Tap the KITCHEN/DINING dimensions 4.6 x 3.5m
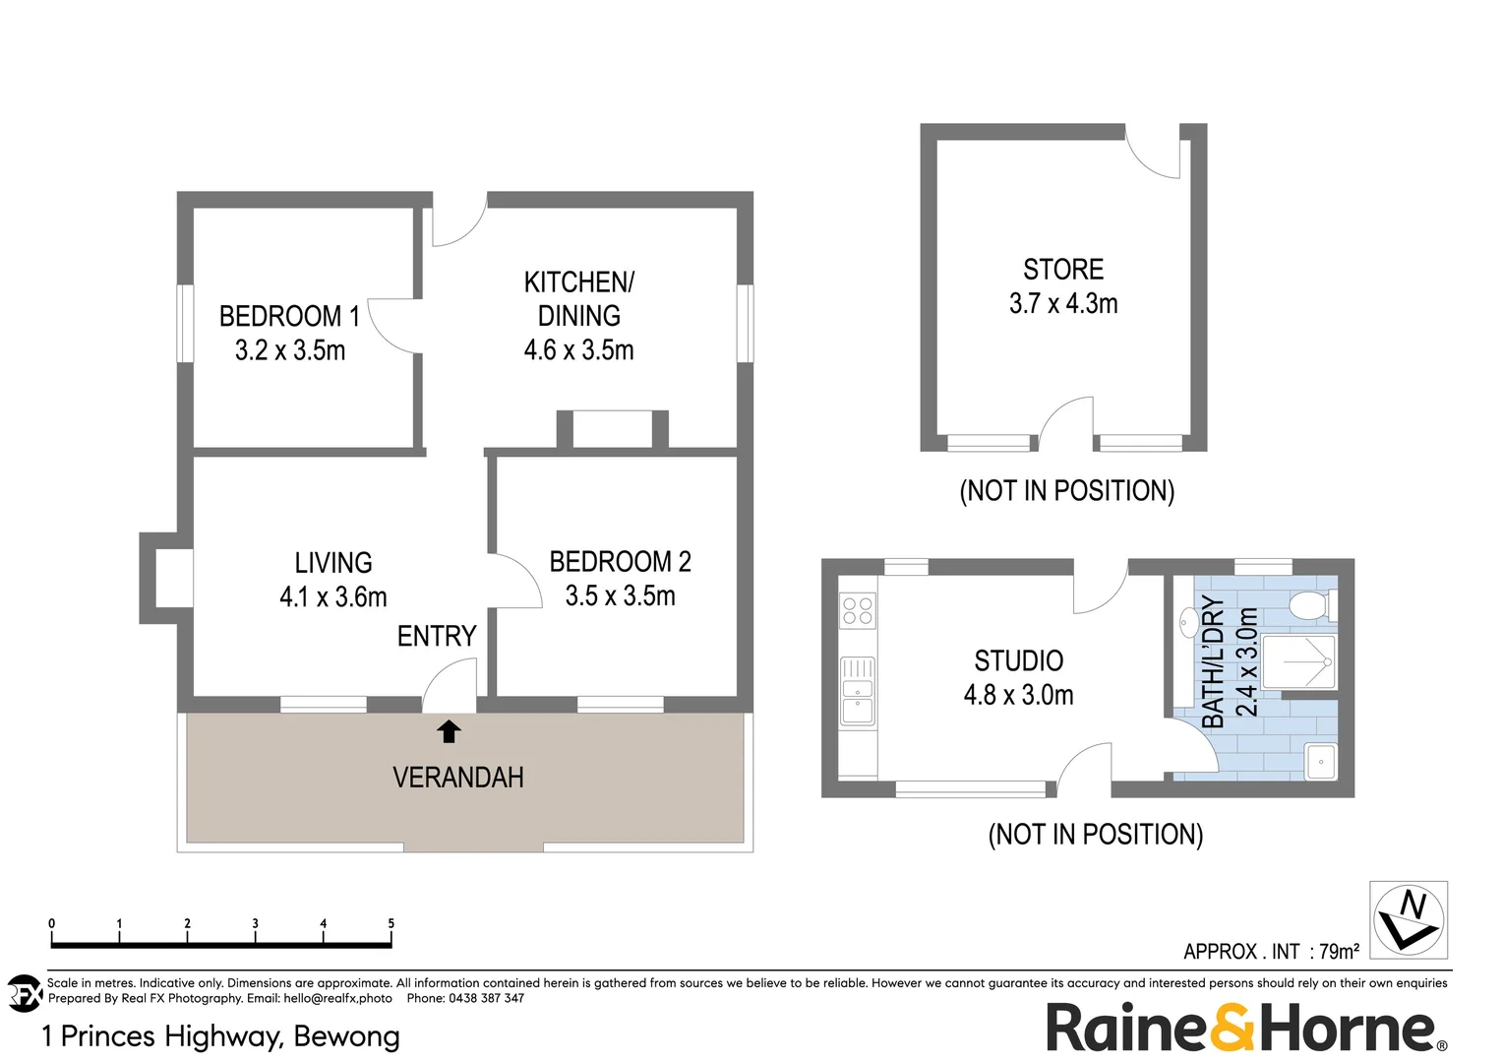point(578,350)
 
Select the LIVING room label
point(333,563)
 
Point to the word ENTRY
point(437,637)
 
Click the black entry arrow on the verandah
point(449,730)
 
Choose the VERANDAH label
point(458,778)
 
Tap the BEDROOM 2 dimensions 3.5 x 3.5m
point(620,596)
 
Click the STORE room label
point(1063,270)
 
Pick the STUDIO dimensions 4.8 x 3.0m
point(1018,695)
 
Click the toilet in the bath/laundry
point(1312,605)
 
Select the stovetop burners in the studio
point(858,611)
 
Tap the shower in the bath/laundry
point(1298,662)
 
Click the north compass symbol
point(1409,919)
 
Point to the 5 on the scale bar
point(391,923)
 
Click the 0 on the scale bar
point(52,923)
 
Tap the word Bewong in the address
point(346,1036)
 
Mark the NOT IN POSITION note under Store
point(1066,491)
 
